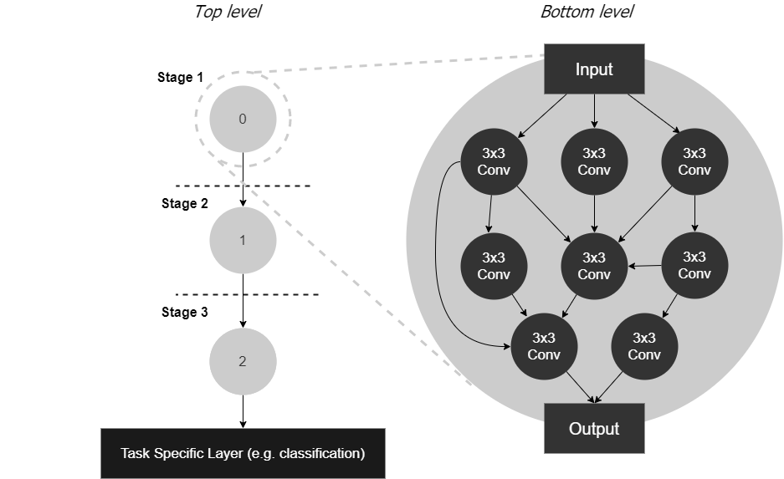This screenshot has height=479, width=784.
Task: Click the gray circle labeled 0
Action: tap(243, 119)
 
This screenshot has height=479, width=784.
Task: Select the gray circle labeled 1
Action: tap(243, 240)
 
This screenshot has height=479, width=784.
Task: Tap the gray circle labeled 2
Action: tap(243, 361)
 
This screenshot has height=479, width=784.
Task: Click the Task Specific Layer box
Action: tap(243, 454)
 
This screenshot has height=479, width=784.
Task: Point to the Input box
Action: tap(594, 69)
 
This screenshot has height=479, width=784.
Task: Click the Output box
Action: tap(594, 429)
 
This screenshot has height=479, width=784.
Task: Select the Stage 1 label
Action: tap(180, 78)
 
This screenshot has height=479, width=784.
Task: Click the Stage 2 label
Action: tap(184, 203)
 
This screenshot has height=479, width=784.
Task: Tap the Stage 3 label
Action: tap(184, 312)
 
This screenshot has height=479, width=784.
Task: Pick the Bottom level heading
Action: tap(587, 12)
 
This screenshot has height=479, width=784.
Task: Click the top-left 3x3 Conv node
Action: tap(494, 162)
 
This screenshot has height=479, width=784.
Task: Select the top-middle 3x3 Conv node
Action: tap(594, 162)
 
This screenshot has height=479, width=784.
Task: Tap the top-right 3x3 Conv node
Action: tap(694, 162)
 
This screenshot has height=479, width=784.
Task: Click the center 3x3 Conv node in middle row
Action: tap(594, 266)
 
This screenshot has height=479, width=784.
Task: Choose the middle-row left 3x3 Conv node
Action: tap(494, 266)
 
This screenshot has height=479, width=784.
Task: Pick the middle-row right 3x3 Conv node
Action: tap(694, 266)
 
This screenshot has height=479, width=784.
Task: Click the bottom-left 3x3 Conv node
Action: tap(544, 346)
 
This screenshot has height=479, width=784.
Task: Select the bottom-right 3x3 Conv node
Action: tap(643, 346)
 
